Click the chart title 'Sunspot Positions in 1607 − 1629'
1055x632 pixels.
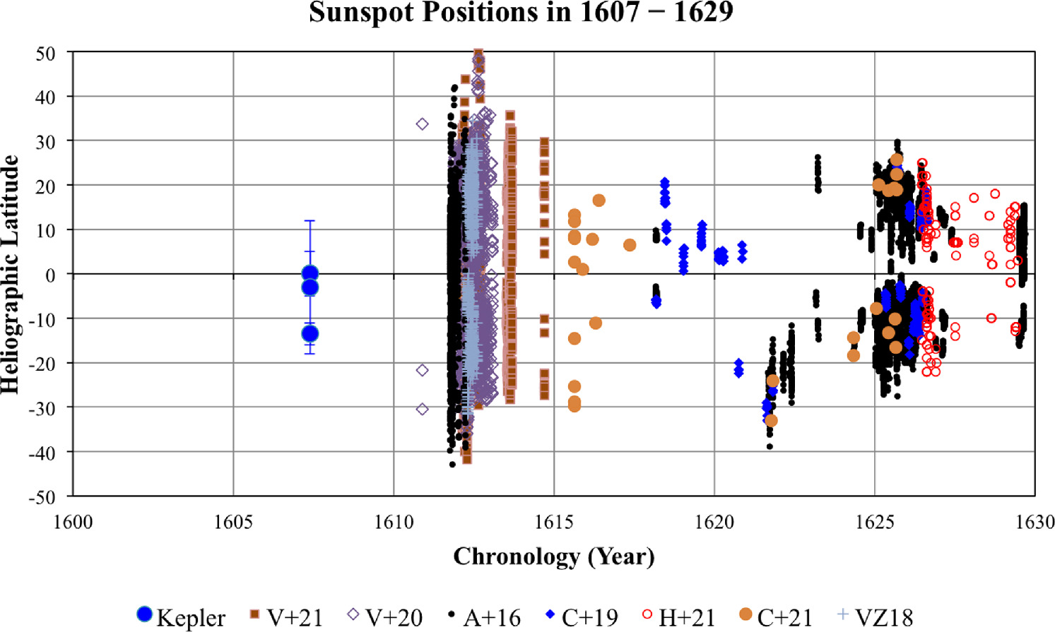(x=521, y=13)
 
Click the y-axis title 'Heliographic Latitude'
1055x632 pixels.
(x=10, y=274)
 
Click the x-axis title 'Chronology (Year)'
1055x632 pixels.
(x=553, y=556)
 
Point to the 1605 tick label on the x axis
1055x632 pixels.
(x=233, y=522)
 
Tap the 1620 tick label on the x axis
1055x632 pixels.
(x=714, y=522)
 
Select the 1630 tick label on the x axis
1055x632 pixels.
(x=1035, y=522)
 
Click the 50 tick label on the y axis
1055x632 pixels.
(x=45, y=54)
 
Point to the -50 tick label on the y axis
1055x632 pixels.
(x=42, y=497)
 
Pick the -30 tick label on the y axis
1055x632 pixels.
(x=42, y=409)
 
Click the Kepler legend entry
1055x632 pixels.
(x=181, y=617)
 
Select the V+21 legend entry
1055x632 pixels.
(x=286, y=617)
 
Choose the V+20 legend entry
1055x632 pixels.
(x=385, y=617)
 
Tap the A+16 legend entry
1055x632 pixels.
(x=484, y=617)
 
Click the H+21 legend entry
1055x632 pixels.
(x=678, y=617)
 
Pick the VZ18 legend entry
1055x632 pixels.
(x=875, y=617)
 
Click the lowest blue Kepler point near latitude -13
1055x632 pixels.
(x=310, y=333)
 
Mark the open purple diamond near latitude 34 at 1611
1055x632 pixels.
(x=423, y=124)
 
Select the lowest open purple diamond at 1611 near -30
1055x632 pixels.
(x=423, y=409)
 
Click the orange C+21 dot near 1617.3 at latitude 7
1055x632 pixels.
(x=630, y=245)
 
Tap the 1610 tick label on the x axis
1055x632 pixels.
(x=394, y=522)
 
